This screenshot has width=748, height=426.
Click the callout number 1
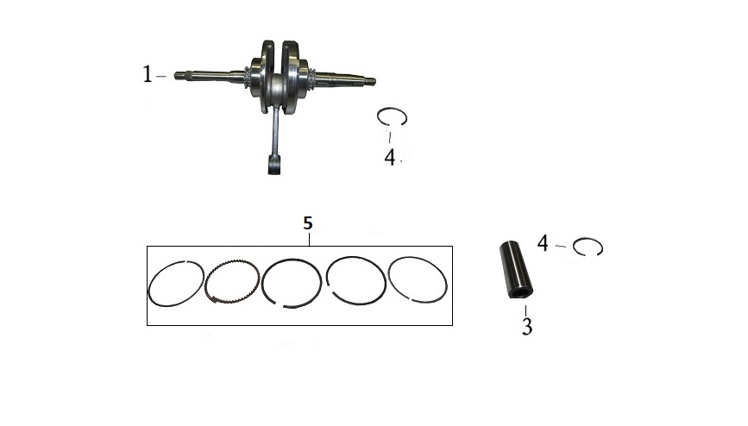[148, 74]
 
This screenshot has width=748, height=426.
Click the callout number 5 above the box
[308, 222]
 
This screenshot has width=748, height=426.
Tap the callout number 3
[526, 326]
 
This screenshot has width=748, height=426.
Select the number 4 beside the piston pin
[543, 243]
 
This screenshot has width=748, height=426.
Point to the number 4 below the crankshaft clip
[390, 158]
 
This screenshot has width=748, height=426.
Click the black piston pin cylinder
[516, 270]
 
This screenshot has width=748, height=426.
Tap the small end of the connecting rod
[273, 166]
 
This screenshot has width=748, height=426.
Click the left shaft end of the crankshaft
[178, 75]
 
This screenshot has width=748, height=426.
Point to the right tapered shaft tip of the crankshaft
[370, 81]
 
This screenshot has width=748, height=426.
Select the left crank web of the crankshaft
[263, 77]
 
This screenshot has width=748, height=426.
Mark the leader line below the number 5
[310, 239]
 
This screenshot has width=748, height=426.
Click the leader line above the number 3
[526, 310]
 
